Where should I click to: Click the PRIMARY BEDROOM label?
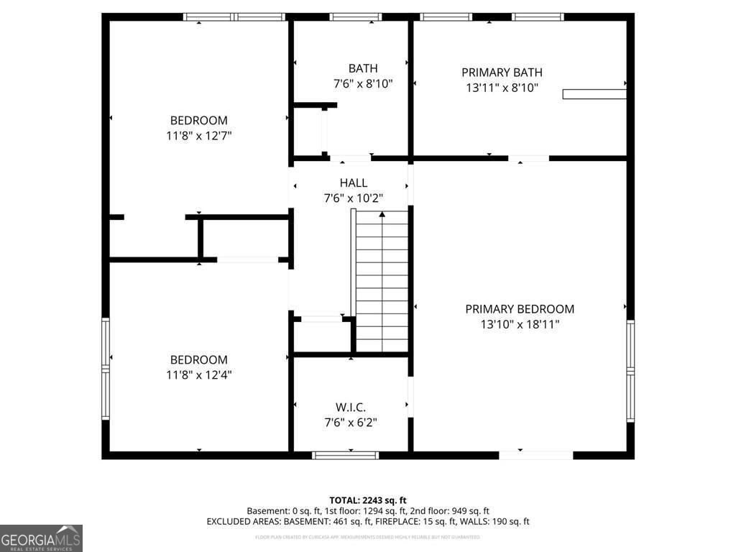[x=520, y=309]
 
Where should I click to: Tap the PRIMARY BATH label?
[x=502, y=72]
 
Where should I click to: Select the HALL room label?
[x=353, y=183]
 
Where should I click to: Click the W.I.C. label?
[x=351, y=407]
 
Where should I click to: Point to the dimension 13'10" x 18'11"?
[x=520, y=324]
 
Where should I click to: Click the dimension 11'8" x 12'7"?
[x=198, y=135]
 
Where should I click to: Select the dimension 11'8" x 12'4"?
[x=198, y=374]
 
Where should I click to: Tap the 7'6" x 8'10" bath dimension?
[x=363, y=83]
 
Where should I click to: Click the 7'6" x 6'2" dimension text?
[x=351, y=422]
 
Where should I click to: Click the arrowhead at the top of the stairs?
[x=382, y=213]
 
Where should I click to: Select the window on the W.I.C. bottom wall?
[x=345, y=455]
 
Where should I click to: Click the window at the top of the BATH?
[x=356, y=17]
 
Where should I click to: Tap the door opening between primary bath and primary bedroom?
[x=528, y=157]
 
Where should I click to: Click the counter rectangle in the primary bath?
[x=594, y=94]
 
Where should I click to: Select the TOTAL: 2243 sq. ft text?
[x=368, y=500]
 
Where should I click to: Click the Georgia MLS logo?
[x=41, y=538]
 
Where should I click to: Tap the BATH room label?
[x=363, y=68]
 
